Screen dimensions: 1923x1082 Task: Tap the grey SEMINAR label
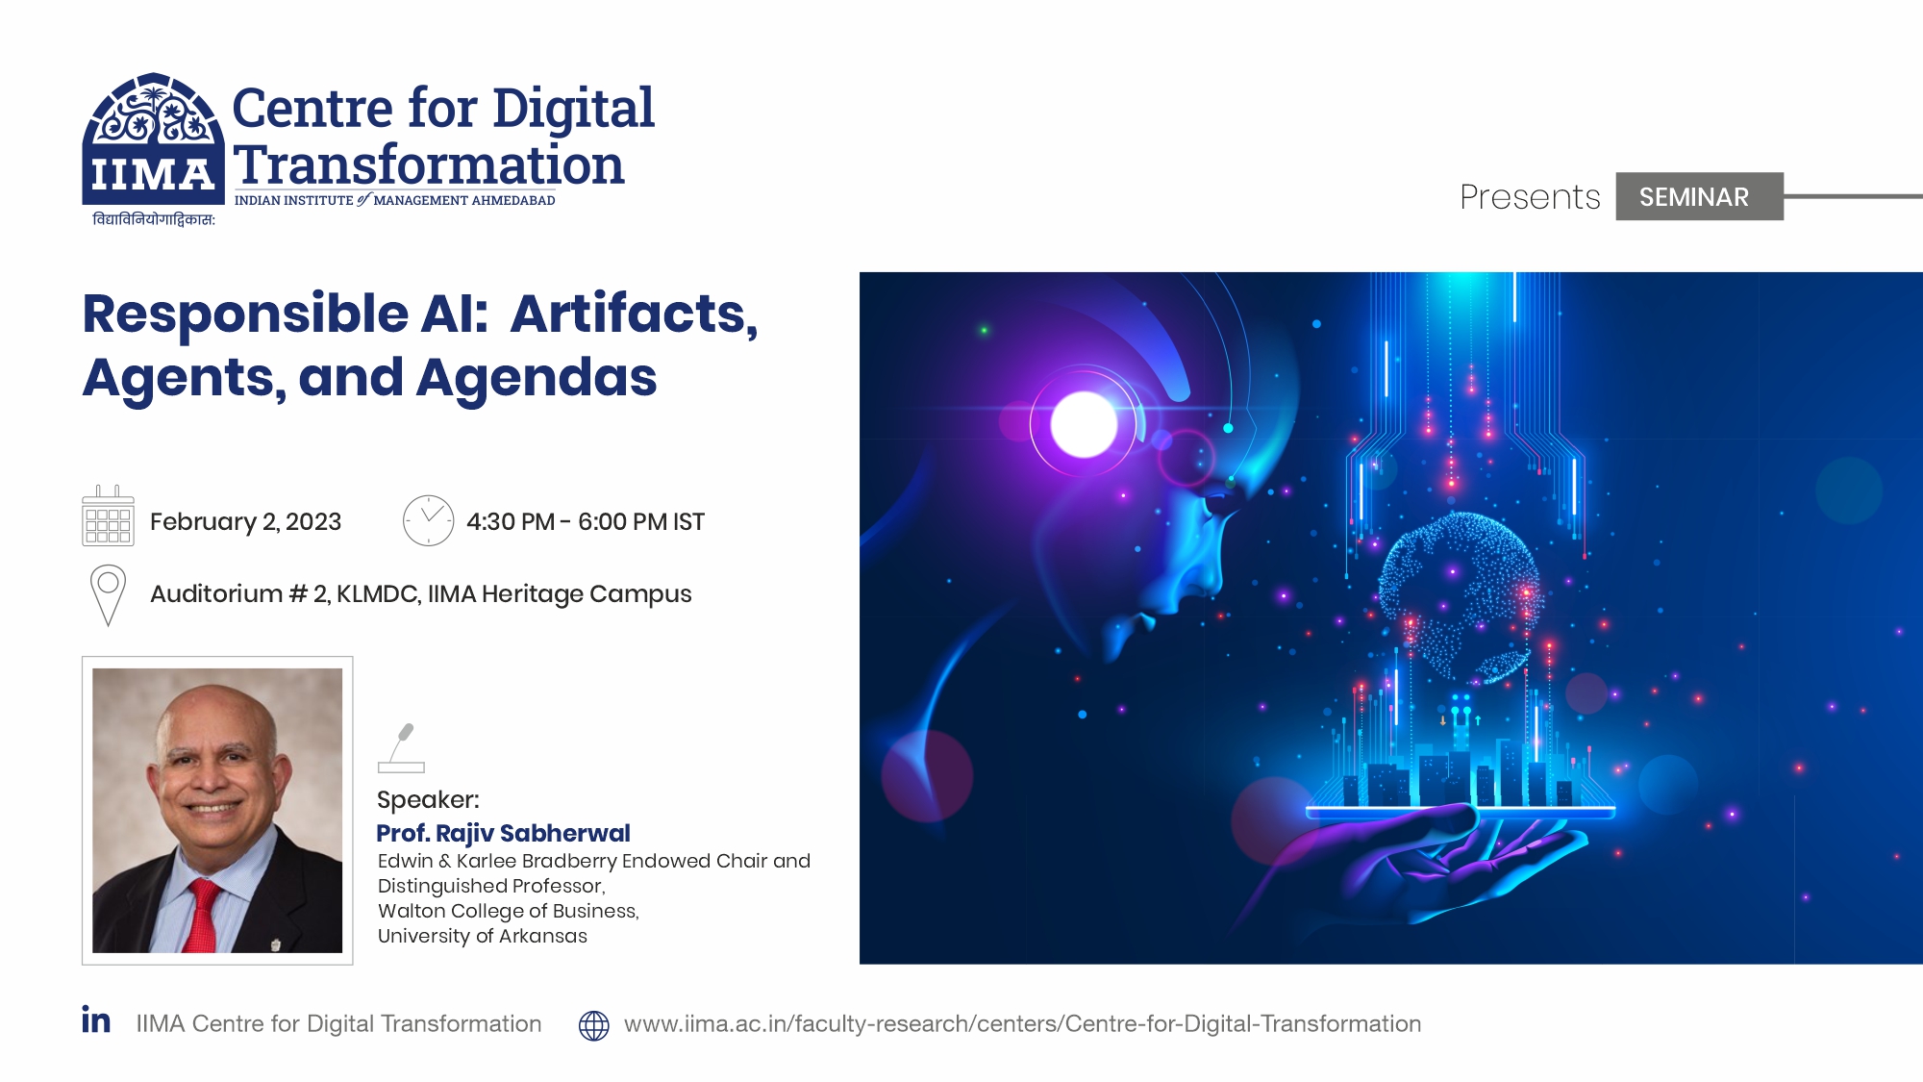click(x=1699, y=196)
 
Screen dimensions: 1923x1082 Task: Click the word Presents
click(x=1530, y=196)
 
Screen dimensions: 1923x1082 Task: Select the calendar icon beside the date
click(x=108, y=516)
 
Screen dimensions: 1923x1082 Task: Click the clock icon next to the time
click(x=428, y=520)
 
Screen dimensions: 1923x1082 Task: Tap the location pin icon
click(x=108, y=594)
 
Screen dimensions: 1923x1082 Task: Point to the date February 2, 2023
click(x=245, y=521)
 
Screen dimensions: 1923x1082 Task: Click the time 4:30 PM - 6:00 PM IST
click(x=586, y=521)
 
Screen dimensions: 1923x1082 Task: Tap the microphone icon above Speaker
click(x=401, y=748)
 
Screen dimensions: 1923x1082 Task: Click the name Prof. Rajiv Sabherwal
click(x=503, y=833)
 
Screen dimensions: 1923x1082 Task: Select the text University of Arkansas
click(x=482, y=936)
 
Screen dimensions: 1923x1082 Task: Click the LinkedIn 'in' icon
click(x=96, y=1019)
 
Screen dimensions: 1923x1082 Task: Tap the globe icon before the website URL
click(x=594, y=1025)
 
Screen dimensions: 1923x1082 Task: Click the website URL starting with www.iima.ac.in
click(x=1022, y=1023)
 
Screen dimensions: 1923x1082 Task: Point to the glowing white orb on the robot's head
click(x=1085, y=424)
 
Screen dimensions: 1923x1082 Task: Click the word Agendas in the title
click(x=537, y=377)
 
